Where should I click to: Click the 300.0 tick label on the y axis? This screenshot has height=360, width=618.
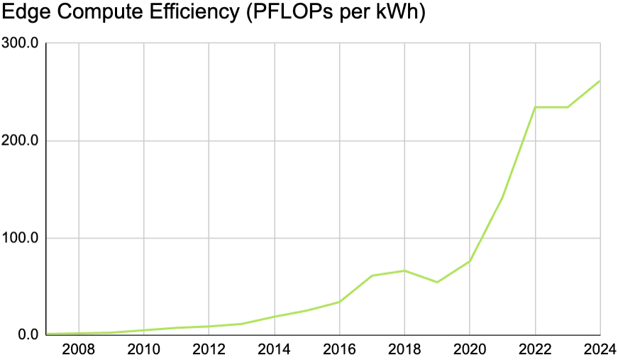click(21, 43)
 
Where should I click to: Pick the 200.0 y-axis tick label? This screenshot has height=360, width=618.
click(21, 141)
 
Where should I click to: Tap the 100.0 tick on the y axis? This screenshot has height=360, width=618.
click(21, 238)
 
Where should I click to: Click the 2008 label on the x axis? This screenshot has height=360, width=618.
click(79, 350)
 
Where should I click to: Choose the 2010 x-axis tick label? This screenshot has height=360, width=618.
click(144, 350)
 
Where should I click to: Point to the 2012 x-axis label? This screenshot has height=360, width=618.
click(209, 350)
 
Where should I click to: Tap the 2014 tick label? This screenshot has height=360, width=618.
click(274, 350)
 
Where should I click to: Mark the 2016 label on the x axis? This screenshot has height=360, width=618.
click(339, 350)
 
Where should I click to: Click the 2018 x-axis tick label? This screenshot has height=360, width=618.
click(404, 350)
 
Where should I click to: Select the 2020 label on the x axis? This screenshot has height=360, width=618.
click(470, 350)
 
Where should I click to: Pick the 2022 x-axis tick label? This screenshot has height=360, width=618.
click(535, 350)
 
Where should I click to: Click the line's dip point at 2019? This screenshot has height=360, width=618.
click(437, 282)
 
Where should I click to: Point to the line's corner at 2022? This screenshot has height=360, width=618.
click(535, 107)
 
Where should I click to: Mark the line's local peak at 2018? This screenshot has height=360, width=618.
click(404, 271)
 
